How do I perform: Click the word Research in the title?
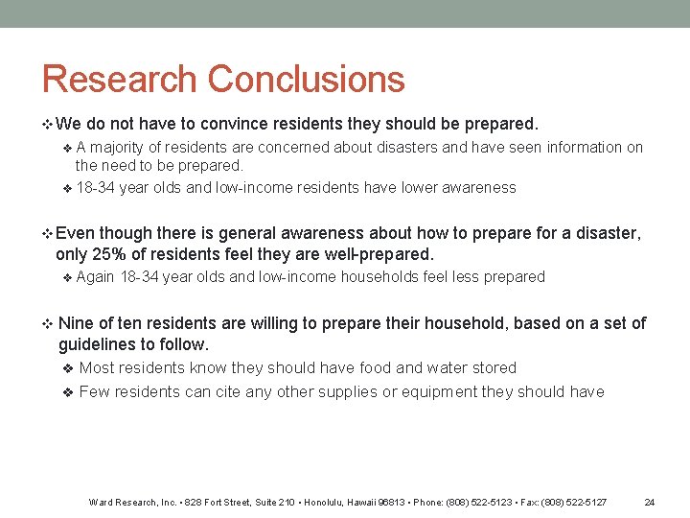coord(119,80)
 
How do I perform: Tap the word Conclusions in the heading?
coord(306,80)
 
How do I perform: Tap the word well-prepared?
coord(377,254)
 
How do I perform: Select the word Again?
coord(95,277)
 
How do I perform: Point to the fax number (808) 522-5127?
coord(576,502)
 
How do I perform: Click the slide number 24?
coord(649,502)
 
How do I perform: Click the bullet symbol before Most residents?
coord(67,368)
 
